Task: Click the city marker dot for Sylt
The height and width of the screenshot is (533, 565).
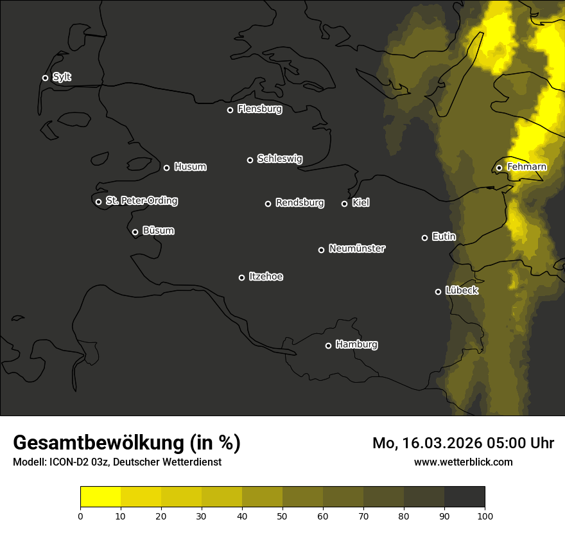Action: point(45,78)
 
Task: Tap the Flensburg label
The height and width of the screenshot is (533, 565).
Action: point(259,109)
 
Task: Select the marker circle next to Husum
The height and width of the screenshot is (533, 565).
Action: point(166,168)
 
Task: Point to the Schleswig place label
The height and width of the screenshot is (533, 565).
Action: point(279,159)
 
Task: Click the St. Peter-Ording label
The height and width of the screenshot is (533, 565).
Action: point(141,201)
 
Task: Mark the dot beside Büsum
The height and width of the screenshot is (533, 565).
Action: point(135,232)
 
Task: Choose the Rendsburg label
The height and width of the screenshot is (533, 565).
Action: point(299,203)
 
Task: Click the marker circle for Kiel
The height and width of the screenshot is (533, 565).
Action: point(344,204)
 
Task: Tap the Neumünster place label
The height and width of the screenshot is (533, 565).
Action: point(356,249)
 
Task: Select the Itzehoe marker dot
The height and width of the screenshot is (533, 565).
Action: point(241,277)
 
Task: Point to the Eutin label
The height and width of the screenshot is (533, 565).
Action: point(444,237)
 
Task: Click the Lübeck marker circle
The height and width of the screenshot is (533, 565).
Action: point(438,292)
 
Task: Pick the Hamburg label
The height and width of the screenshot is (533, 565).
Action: point(356,345)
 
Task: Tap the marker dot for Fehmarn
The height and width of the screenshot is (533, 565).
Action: point(499,168)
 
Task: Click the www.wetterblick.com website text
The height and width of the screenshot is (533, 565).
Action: point(463,462)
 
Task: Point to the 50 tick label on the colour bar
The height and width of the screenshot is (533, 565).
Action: point(282,515)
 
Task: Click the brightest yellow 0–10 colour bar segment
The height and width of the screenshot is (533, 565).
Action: point(101,497)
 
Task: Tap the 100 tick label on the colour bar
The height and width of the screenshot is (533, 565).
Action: point(485,515)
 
